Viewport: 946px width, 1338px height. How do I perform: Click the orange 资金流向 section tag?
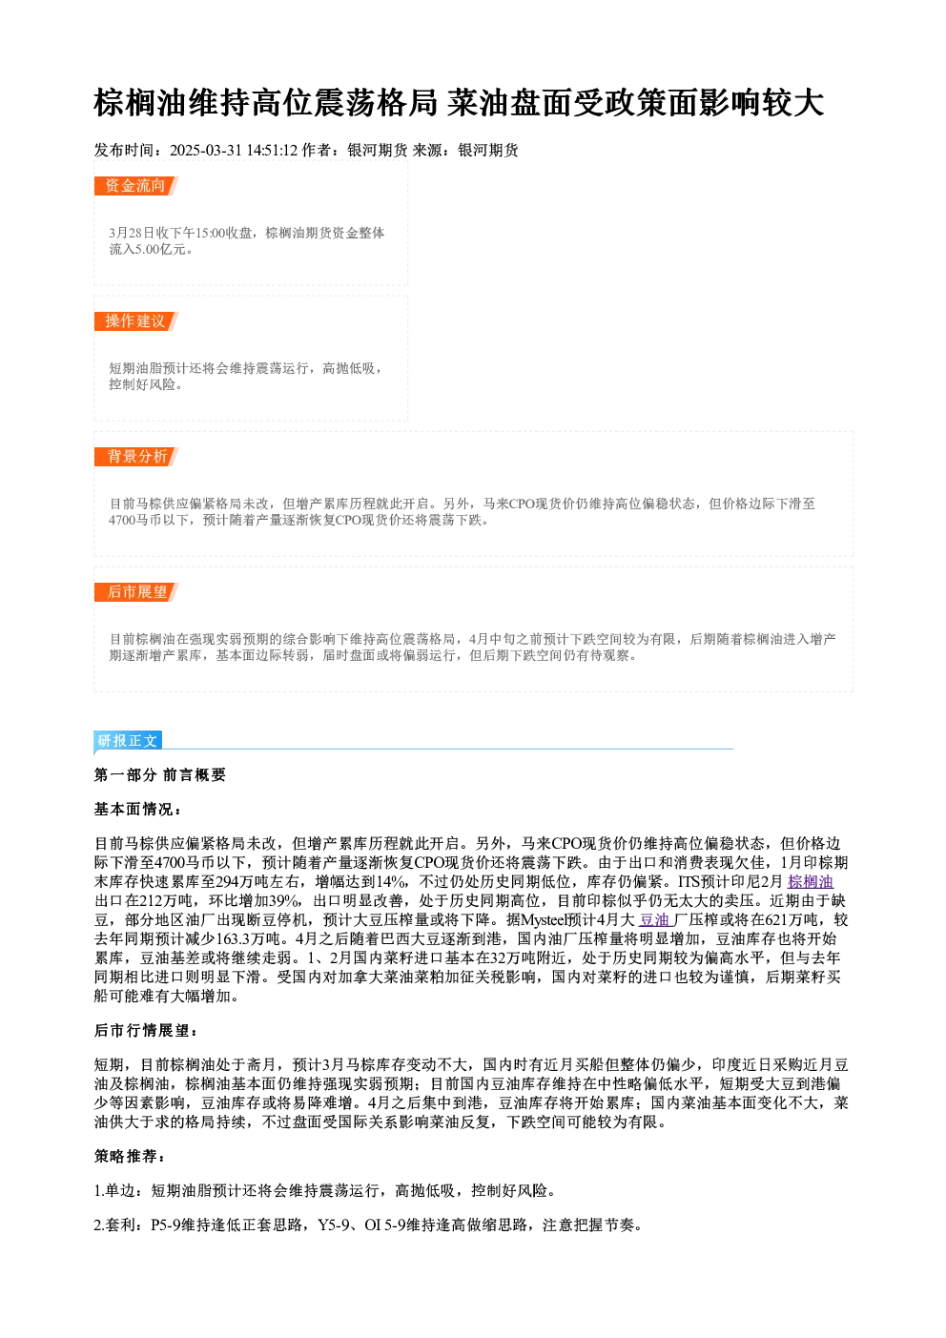click(135, 186)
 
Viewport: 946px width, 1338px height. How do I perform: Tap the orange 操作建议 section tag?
click(135, 321)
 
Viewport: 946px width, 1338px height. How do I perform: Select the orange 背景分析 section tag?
click(135, 457)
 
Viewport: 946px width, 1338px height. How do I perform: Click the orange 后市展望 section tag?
click(135, 592)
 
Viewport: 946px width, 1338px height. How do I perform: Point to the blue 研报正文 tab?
click(128, 741)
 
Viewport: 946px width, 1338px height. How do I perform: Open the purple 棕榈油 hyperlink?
click(811, 881)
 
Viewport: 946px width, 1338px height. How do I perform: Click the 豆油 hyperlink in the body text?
click(654, 920)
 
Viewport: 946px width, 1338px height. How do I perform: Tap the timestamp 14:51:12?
click(272, 151)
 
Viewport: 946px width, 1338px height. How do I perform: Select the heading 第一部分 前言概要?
click(160, 775)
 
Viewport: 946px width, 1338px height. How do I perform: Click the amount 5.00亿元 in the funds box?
click(160, 249)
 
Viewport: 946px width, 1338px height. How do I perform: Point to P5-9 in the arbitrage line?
click(165, 1225)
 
